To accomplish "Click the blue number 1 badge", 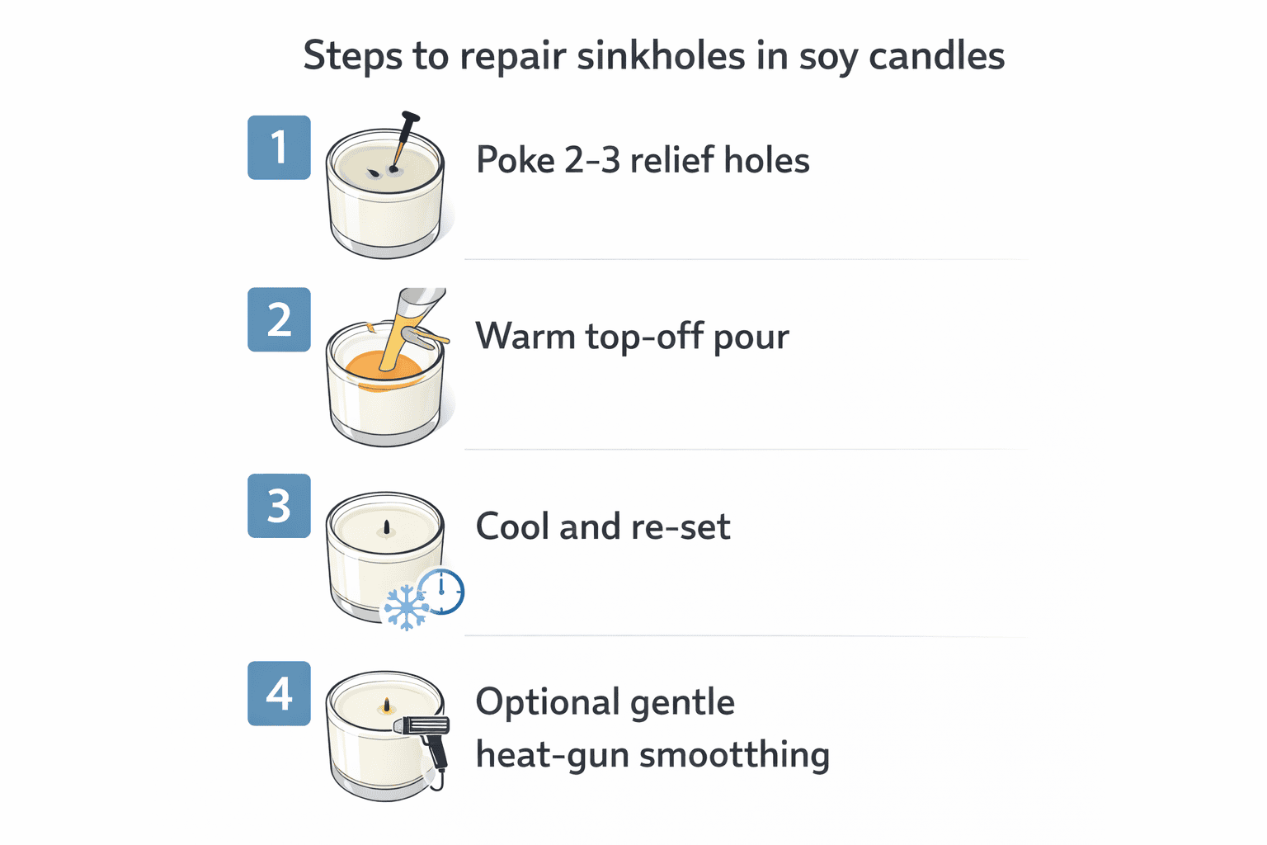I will [x=279, y=148].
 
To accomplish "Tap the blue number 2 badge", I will [x=279, y=319].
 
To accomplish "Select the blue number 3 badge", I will [x=279, y=506].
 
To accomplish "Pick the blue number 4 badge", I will [x=279, y=693].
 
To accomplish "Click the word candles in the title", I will [x=936, y=56].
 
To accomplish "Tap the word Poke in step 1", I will [x=516, y=160].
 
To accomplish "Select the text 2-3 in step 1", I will [x=592, y=160].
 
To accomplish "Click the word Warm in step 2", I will [x=525, y=337].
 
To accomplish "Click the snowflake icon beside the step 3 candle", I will [x=406, y=608].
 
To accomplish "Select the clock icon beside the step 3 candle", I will [x=441, y=591].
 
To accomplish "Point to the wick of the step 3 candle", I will [x=386, y=526].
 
